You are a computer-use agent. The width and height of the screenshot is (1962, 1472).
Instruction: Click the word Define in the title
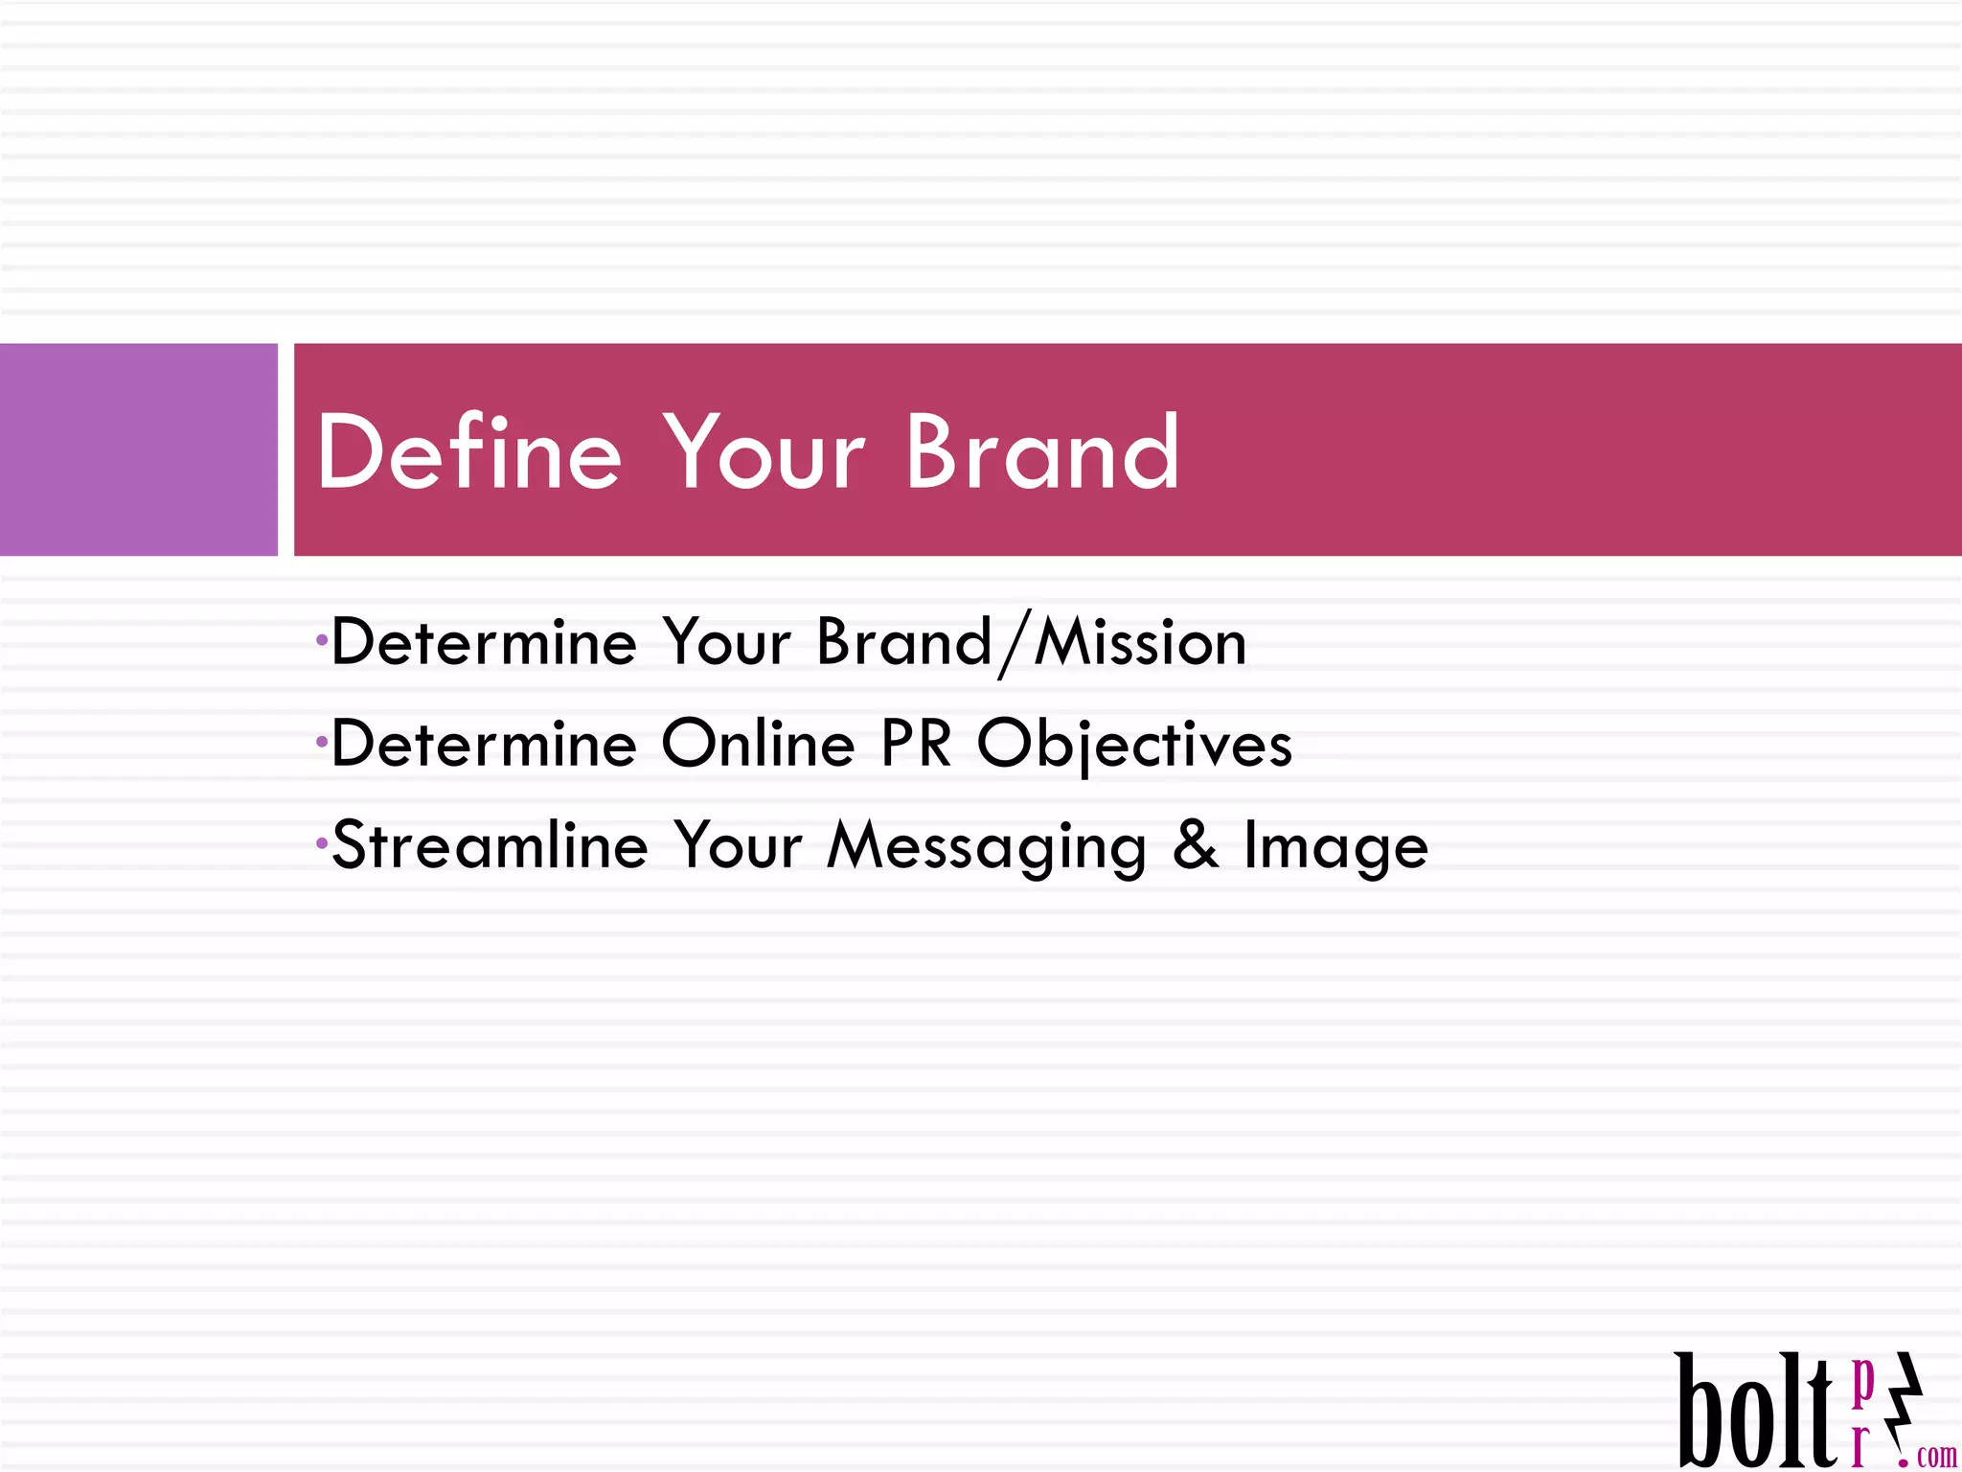pyautogui.click(x=469, y=451)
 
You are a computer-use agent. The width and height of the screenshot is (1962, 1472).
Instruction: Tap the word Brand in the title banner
pyautogui.click(x=1042, y=451)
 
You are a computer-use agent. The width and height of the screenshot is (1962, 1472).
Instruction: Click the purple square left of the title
pyautogui.click(x=138, y=449)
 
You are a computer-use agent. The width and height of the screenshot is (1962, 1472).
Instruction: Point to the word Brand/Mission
pyautogui.click(x=1032, y=642)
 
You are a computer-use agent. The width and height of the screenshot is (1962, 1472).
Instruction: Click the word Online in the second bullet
pyautogui.click(x=758, y=744)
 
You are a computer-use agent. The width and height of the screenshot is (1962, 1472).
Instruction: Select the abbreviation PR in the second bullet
pyautogui.click(x=916, y=744)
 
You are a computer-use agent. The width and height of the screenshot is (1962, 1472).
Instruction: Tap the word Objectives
pyautogui.click(x=1135, y=746)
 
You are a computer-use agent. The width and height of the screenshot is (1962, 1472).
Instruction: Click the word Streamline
pyautogui.click(x=490, y=845)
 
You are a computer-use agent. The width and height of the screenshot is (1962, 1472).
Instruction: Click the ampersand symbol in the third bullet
pyautogui.click(x=1196, y=845)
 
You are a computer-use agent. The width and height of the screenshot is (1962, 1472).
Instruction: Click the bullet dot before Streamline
pyautogui.click(x=322, y=842)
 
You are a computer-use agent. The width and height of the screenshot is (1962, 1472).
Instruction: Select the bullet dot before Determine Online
pyautogui.click(x=322, y=741)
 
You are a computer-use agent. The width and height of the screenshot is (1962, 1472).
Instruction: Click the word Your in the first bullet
pyautogui.click(x=728, y=642)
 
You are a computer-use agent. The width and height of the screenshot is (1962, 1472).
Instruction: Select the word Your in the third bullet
pyautogui.click(x=738, y=845)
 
